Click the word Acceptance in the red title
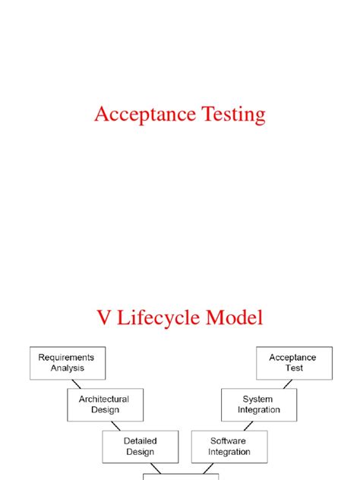click(140, 115)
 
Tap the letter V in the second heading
click(104, 317)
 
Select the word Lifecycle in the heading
click(160, 318)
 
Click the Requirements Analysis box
click(68, 363)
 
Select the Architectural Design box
click(104, 404)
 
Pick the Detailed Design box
click(140, 446)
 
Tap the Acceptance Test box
click(294, 363)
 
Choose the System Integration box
click(257, 404)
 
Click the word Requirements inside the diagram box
click(68, 357)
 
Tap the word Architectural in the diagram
click(104, 399)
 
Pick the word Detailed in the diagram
click(140, 441)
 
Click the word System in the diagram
click(257, 399)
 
